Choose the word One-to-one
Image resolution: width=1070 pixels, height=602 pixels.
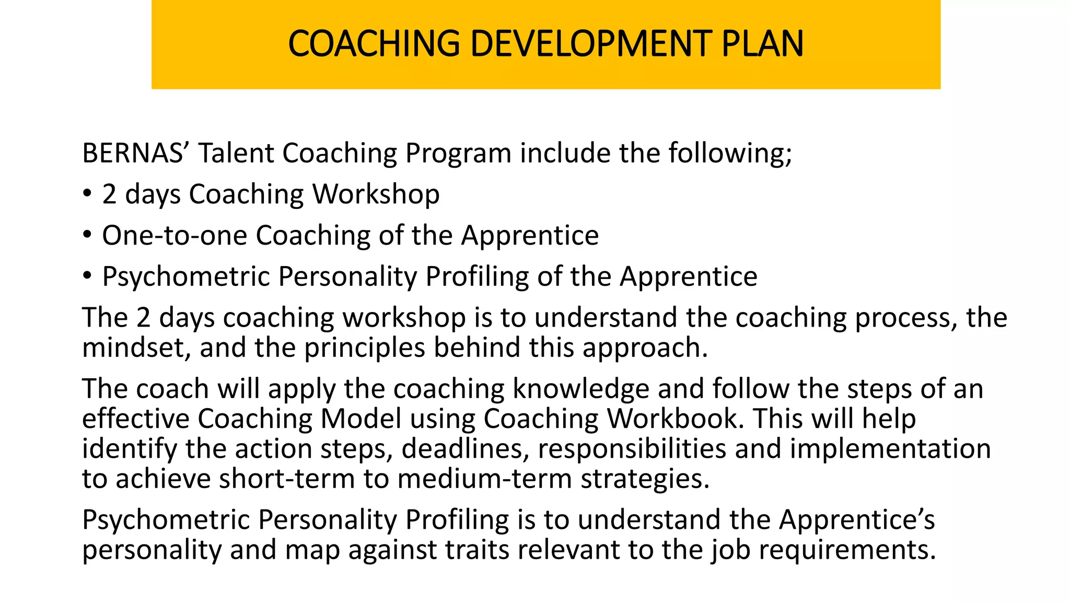click(175, 236)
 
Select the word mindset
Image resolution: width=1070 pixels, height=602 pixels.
click(136, 348)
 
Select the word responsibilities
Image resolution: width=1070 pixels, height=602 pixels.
click(632, 449)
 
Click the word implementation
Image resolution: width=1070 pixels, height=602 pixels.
click(890, 449)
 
